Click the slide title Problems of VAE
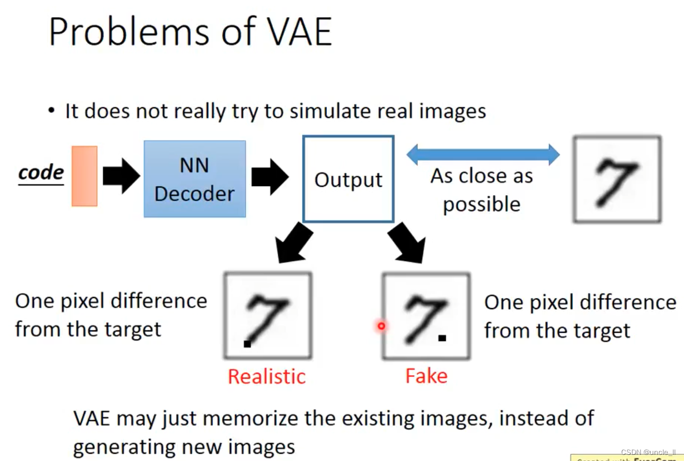190,31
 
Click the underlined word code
41,173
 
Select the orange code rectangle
84,176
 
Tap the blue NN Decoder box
194,179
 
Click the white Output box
348,179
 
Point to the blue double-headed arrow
483,154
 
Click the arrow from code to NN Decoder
121,175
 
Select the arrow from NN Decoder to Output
270,176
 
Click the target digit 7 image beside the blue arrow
617,180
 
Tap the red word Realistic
267,376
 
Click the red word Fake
426,376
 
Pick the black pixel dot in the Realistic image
247,344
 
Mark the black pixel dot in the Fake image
442,338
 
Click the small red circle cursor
381,326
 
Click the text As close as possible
481,190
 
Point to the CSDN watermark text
648,452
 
